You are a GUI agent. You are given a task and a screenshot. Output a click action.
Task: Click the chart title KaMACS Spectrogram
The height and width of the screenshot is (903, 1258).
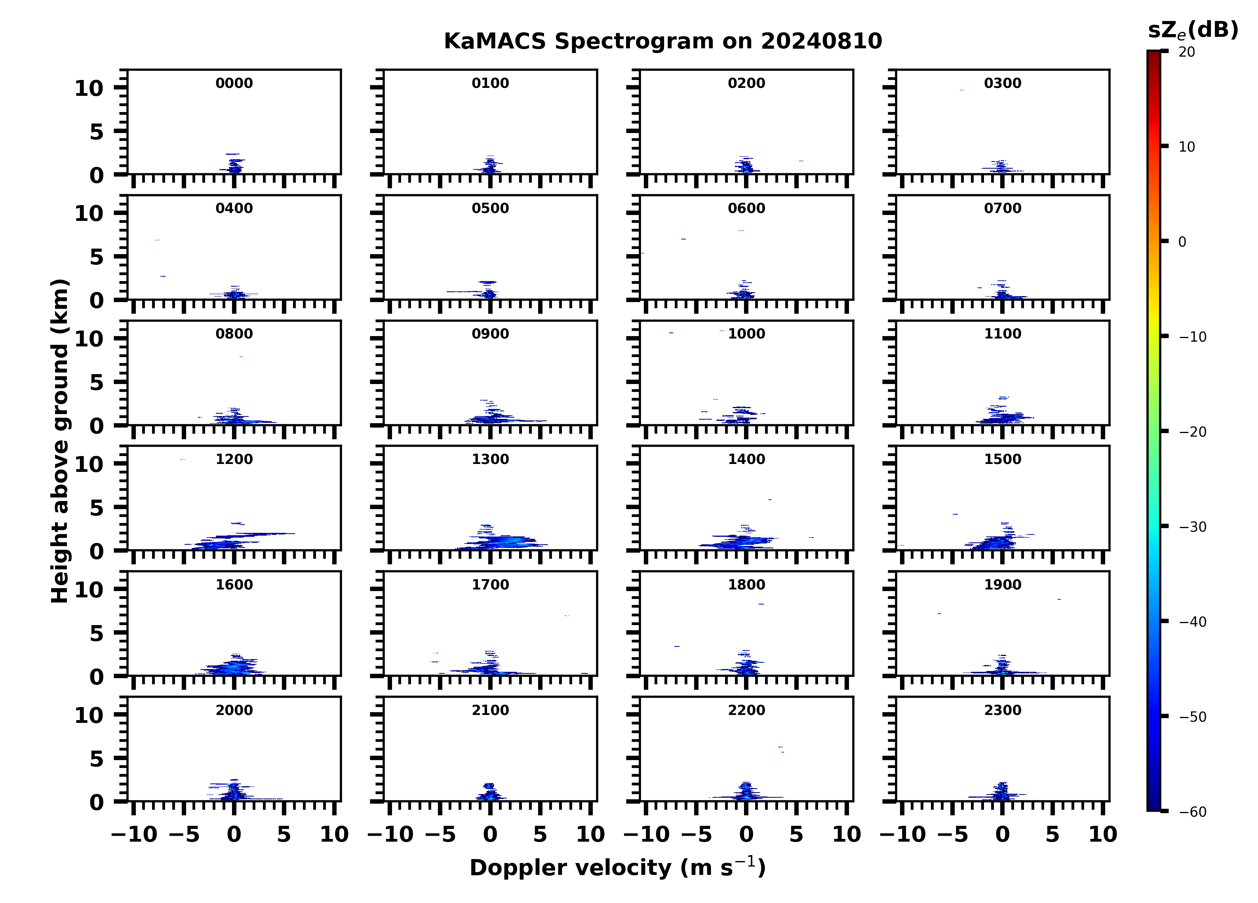click(x=662, y=42)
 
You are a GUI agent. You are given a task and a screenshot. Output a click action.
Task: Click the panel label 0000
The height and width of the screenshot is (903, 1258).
click(x=234, y=83)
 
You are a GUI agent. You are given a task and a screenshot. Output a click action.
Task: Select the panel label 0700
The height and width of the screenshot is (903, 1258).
click(x=1002, y=209)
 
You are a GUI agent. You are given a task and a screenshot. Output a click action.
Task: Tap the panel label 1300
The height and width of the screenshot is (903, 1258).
click(x=490, y=459)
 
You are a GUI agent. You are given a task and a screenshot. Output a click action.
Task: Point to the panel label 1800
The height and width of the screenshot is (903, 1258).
click(x=746, y=585)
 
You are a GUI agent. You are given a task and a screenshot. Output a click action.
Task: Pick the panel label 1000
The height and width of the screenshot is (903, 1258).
click(x=746, y=334)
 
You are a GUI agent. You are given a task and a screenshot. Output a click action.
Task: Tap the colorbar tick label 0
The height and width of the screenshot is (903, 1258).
click(x=1182, y=242)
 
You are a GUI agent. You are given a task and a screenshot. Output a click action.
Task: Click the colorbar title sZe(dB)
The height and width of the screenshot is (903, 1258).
click(x=1193, y=30)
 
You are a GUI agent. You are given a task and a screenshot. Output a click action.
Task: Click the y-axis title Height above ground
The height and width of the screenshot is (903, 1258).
click(x=60, y=441)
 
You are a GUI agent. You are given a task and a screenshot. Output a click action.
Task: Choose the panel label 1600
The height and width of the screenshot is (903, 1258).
click(x=234, y=585)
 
